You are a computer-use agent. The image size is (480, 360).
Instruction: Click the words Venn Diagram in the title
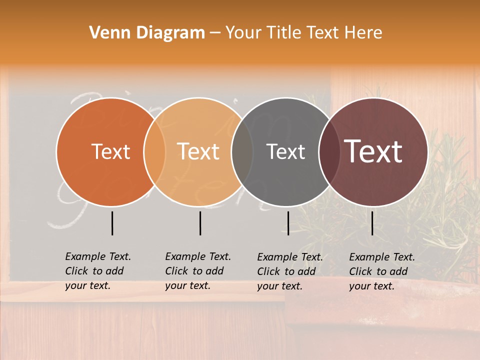tap(147, 33)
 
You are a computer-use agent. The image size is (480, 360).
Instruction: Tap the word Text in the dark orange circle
tap(110, 151)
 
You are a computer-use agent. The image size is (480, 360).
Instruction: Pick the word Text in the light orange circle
tap(198, 151)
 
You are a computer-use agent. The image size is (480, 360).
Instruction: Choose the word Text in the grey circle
tap(285, 151)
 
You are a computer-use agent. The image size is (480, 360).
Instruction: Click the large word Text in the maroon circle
tap(373, 151)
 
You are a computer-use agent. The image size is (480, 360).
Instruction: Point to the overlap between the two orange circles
tap(154, 151)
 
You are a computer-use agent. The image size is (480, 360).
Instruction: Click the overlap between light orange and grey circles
tap(242, 151)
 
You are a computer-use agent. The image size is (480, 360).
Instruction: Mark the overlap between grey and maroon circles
tap(329, 151)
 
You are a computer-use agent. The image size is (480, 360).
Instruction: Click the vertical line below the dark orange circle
tap(112, 223)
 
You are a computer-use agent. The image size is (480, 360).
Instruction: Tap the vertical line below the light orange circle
tap(200, 223)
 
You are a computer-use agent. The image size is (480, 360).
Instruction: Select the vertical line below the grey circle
tap(288, 223)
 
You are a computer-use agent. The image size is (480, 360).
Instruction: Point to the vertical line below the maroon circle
tap(372, 223)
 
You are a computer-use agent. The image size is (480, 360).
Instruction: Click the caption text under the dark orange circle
tap(98, 271)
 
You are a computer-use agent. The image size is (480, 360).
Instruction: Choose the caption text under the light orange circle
tap(198, 271)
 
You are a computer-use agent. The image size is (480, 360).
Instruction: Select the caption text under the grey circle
tap(290, 271)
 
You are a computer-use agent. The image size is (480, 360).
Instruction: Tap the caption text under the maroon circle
tap(382, 271)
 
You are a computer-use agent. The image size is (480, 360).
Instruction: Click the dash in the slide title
tap(215, 33)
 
